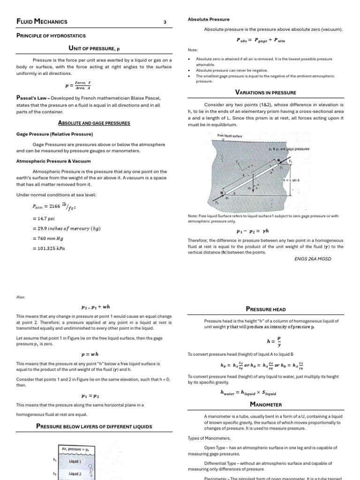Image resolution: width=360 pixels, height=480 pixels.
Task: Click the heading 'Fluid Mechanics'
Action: [42, 22]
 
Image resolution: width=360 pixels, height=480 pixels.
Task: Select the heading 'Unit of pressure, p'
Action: [94, 48]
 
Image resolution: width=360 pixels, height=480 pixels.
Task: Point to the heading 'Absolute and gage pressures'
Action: [94, 123]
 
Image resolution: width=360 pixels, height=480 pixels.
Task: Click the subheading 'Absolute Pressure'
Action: [209, 19]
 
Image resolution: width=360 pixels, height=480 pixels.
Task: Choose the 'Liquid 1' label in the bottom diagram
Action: [75, 461]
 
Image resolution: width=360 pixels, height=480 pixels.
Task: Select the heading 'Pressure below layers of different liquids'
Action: [94, 426]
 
